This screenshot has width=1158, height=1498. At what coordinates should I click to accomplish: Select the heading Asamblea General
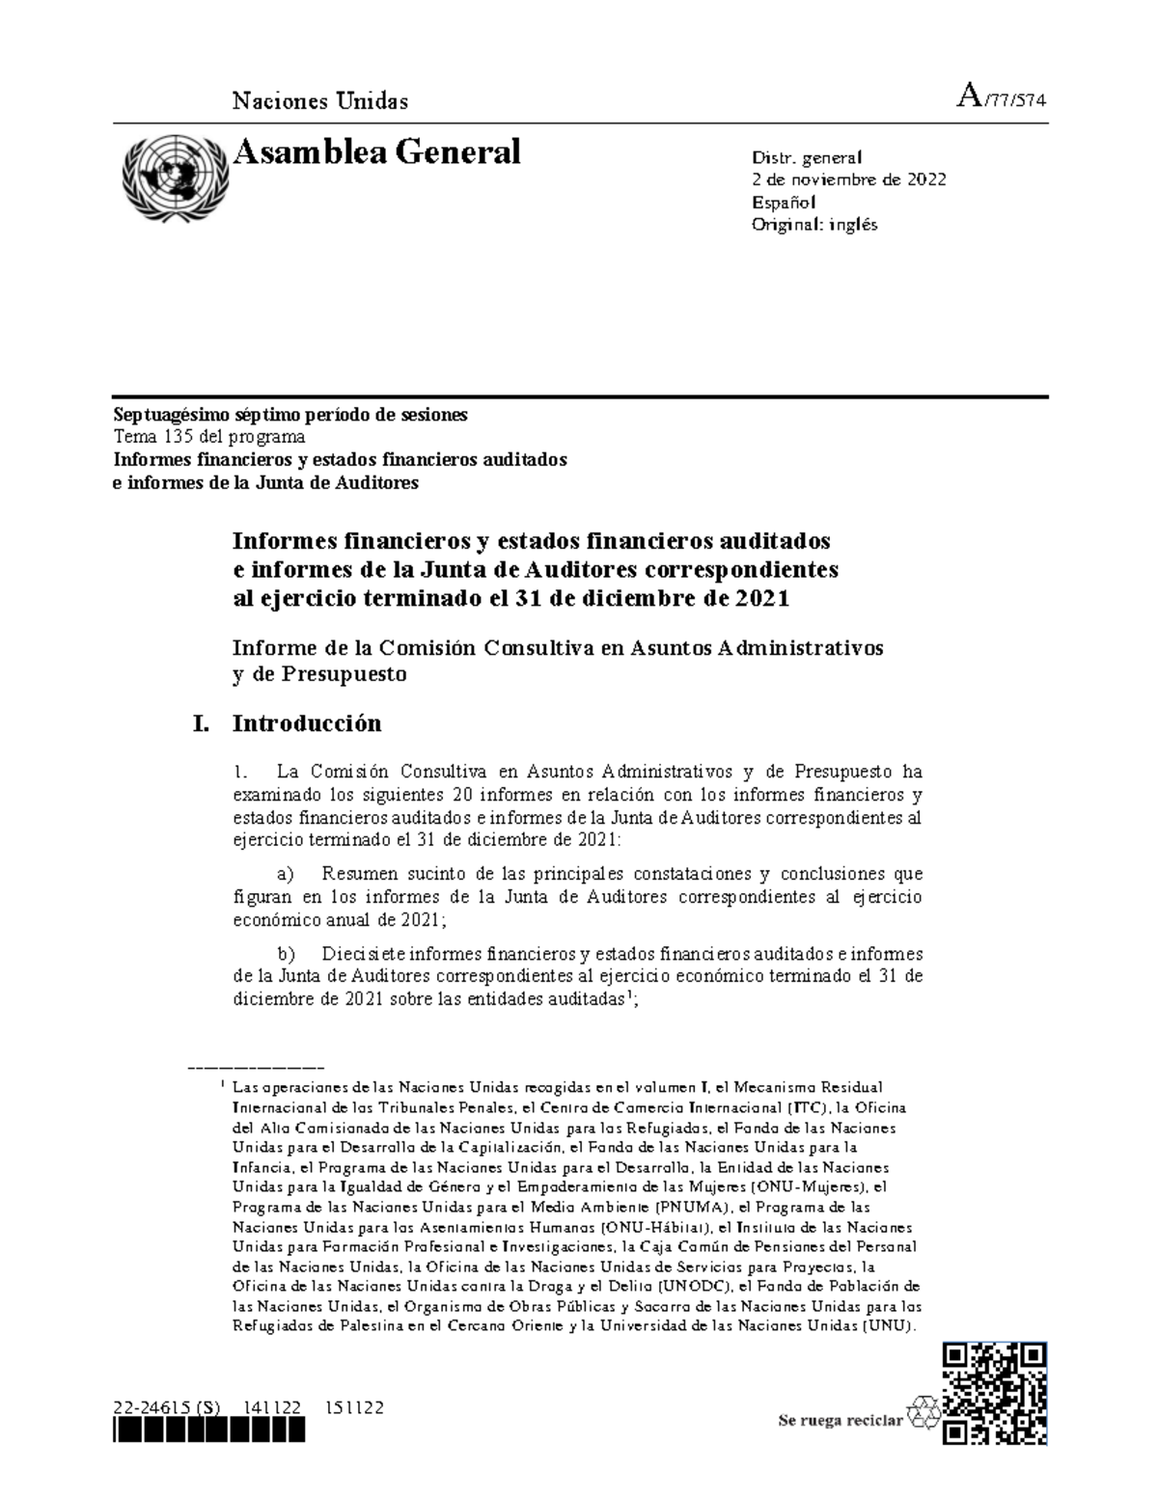click(x=377, y=152)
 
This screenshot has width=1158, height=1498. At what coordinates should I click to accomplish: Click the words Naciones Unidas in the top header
click(x=320, y=100)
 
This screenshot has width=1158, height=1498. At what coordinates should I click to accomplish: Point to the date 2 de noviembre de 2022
click(x=848, y=179)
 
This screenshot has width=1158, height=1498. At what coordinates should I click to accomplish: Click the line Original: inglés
click(x=814, y=225)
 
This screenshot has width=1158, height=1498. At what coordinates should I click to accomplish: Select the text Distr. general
click(x=807, y=157)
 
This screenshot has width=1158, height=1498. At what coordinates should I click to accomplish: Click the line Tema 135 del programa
click(x=209, y=437)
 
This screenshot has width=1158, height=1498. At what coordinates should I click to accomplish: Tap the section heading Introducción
click(x=307, y=722)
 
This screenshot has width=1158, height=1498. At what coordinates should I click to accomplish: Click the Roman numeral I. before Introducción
click(x=201, y=722)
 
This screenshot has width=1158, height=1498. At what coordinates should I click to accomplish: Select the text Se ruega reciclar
click(x=841, y=1420)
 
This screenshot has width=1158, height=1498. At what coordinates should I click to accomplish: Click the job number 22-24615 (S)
click(x=166, y=1407)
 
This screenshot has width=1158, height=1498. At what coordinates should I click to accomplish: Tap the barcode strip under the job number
click(x=208, y=1432)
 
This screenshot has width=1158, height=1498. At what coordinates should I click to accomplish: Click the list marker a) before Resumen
click(x=285, y=875)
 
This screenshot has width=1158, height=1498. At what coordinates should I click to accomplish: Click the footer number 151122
click(x=355, y=1407)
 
